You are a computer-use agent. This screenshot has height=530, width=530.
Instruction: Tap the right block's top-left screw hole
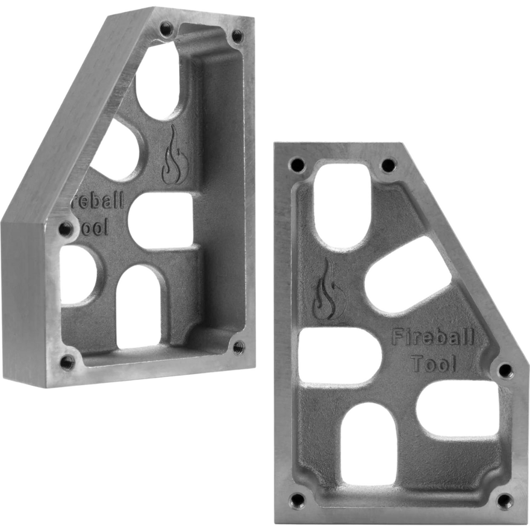click(297, 165)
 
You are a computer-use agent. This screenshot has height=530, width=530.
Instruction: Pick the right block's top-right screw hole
click(388, 166)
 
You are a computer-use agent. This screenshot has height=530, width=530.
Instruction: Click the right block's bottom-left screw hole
click(297, 500)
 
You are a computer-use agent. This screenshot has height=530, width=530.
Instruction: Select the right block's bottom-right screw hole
click(505, 500)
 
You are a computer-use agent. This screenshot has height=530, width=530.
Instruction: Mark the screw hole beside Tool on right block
click(505, 370)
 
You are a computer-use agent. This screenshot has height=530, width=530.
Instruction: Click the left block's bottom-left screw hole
click(67, 362)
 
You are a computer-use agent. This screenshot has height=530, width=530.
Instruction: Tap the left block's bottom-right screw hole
click(239, 347)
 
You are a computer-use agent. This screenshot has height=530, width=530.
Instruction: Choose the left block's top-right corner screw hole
click(237, 36)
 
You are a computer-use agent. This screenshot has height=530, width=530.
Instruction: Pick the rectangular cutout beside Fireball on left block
click(161, 220)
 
